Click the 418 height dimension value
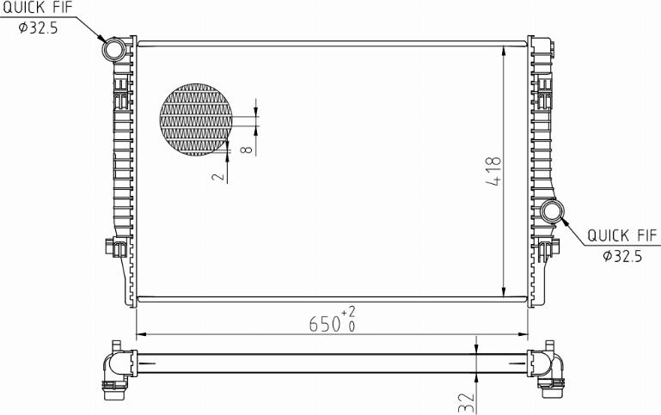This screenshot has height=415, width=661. point(494,171)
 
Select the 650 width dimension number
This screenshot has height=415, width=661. point(325,325)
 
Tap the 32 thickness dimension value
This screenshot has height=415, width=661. point(466,402)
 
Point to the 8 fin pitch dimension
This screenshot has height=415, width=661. point(248,150)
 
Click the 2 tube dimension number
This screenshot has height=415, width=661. point(218,175)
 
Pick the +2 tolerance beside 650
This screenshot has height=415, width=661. point(348,312)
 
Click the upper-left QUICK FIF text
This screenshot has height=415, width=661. point(38,7)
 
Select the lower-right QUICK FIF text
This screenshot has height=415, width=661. point(622,235)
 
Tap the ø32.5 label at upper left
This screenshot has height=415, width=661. point(38,27)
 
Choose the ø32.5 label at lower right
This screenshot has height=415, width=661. point(622,256)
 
